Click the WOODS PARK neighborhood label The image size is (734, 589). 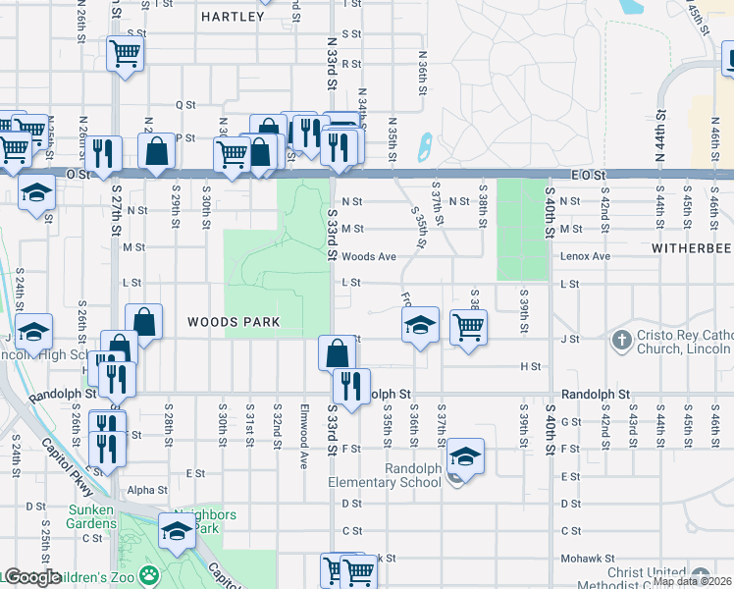pos(234,322)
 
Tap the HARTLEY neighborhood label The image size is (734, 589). pos(233,17)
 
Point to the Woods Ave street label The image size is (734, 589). pos(369,256)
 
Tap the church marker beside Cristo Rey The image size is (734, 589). pos(620,341)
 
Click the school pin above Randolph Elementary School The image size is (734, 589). pos(465,456)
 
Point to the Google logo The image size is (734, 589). pos(31,577)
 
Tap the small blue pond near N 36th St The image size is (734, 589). pos(424,148)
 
